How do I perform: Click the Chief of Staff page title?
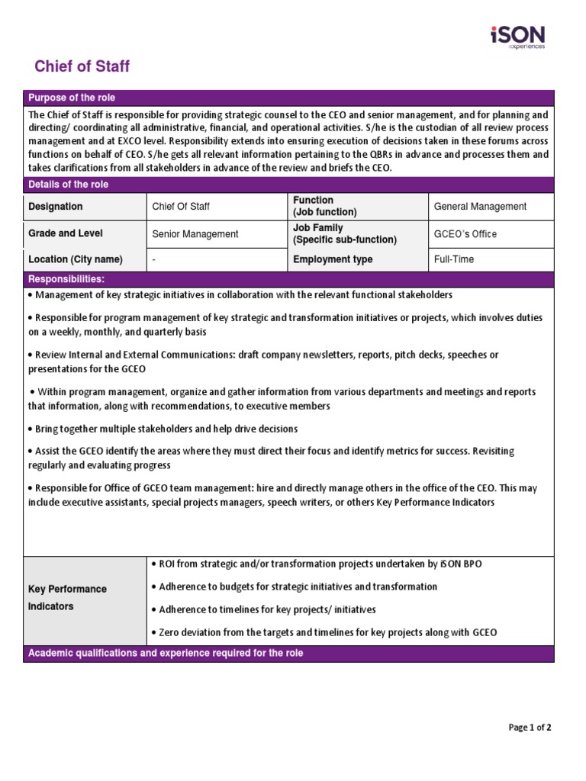click(82, 66)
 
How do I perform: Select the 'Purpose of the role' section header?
click(72, 98)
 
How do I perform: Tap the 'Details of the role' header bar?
click(68, 185)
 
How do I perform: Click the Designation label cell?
click(56, 207)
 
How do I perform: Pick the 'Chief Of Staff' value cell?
click(181, 207)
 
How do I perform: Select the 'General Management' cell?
click(480, 207)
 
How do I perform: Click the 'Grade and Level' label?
click(66, 233)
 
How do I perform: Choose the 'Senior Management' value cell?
click(195, 234)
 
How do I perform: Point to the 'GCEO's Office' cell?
click(465, 234)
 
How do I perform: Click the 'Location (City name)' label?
click(75, 259)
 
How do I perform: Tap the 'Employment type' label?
click(333, 259)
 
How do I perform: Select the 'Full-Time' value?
click(453, 259)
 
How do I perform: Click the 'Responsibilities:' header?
click(66, 280)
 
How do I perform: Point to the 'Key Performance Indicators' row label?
click(67, 598)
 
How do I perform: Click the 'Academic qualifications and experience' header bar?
click(166, 654)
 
